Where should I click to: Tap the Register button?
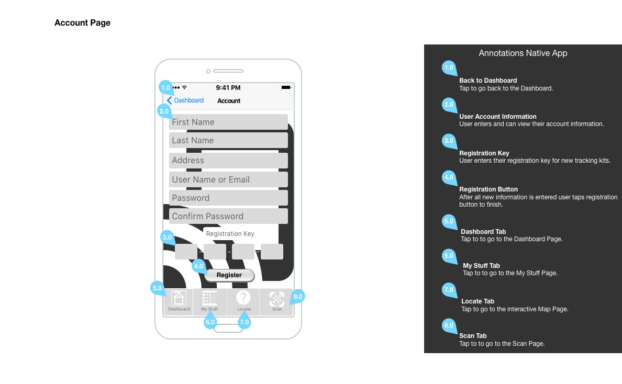(x=229, y=275)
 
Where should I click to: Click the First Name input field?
(x=228, y=122)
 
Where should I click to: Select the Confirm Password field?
(x=228, y=216)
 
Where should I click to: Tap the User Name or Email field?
(x=228, y=179)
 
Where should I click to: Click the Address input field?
(x=228, y=160)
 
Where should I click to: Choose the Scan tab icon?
(x=276, y=299)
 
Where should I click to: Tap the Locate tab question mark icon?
(x=243, y=298)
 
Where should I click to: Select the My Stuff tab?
(x=209, y=301)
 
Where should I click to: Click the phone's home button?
(x=228, y=328)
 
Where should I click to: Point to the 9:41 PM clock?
(x=228, y=88)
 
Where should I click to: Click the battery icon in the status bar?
(x=286, y=87)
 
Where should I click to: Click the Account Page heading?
(x=82, y=23)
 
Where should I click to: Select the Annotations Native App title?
(x=523, y=53)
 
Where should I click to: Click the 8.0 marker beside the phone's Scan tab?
(x=298, y=296)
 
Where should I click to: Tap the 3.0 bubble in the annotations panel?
(x=449, y=141)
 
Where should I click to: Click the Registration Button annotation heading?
(x=488, y=189)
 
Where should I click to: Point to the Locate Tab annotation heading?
(x=477, y=301)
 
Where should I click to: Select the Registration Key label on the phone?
(x=230, y=234)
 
